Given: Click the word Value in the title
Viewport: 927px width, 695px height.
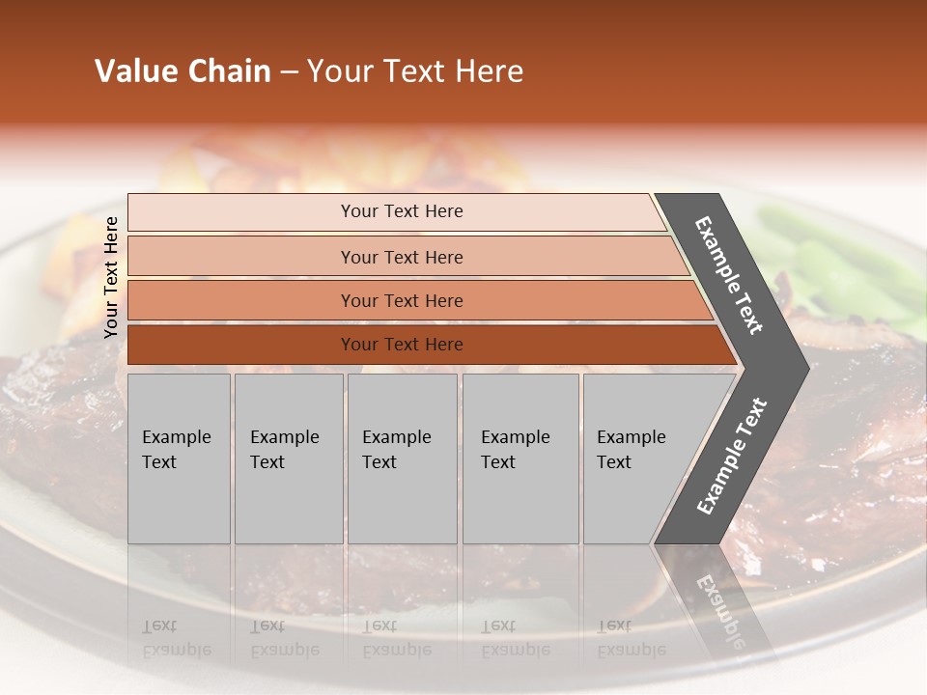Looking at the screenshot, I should point(135,71).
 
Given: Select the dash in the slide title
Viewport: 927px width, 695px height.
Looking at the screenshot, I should point(289,72).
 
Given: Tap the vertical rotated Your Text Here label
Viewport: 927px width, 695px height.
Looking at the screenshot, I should point(111,277).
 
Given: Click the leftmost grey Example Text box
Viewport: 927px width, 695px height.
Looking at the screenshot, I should point(179,459).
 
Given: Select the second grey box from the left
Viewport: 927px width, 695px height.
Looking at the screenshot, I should point(289,459).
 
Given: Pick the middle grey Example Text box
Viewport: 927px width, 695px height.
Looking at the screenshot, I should point(402,459).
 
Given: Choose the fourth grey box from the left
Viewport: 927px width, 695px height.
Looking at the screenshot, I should point(520,459).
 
